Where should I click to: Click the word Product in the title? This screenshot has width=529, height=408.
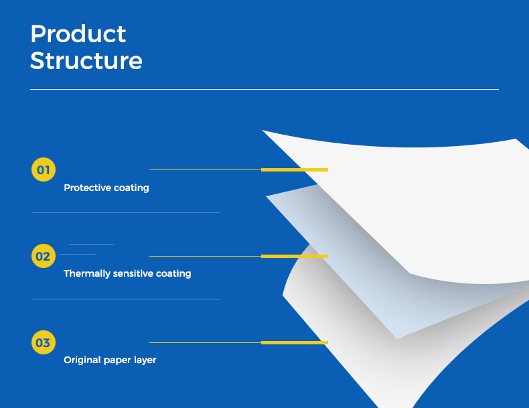[x=78, y=34]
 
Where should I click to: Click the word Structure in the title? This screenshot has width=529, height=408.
[x=86, y=61]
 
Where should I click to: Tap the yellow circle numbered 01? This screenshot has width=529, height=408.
[x=44, y=169]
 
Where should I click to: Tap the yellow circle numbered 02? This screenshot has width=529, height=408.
[x=44, y=256]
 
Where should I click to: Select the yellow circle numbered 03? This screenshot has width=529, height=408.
[x=44, y=342]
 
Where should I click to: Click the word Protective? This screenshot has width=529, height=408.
[x=87, y=188]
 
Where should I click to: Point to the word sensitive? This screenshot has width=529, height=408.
[x=133, y=273]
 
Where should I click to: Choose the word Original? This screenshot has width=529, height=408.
[x=82, y=360]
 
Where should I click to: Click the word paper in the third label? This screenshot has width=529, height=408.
[x=117, y=360]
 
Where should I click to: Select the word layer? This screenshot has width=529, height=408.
[x=145, y=360]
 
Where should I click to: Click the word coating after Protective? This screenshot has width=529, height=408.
[x=131, y=188]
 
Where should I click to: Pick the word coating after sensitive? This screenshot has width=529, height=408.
[x=173, y=274]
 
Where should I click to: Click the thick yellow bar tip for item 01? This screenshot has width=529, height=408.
[x=328, y=169]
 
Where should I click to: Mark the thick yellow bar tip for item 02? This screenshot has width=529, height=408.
[x=328, y=256]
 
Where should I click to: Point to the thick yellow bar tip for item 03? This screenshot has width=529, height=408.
[x=328, y=342]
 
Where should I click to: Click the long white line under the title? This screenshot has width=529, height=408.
[x=264, y=89]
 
